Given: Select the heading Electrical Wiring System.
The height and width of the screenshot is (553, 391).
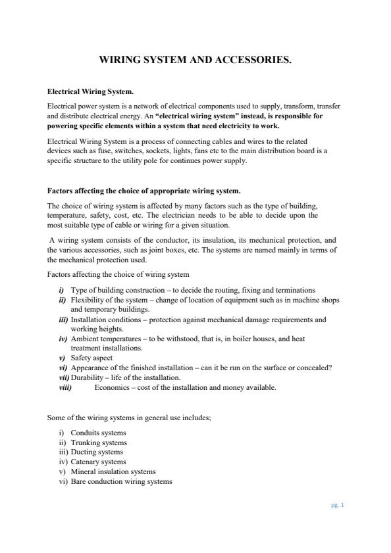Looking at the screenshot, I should (91, 91).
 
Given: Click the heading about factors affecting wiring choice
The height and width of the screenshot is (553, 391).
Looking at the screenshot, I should (144, 191).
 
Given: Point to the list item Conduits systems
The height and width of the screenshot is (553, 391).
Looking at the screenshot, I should (98, 433).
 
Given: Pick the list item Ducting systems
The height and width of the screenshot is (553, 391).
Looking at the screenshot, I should (96, 452).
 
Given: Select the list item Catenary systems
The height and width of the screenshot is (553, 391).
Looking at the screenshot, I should (98, 462).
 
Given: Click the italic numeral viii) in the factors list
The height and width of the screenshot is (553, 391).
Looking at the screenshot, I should (66, 387).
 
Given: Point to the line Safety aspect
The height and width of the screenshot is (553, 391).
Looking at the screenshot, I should (91, 358).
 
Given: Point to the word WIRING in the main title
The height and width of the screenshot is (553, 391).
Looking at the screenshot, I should (120, 60).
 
